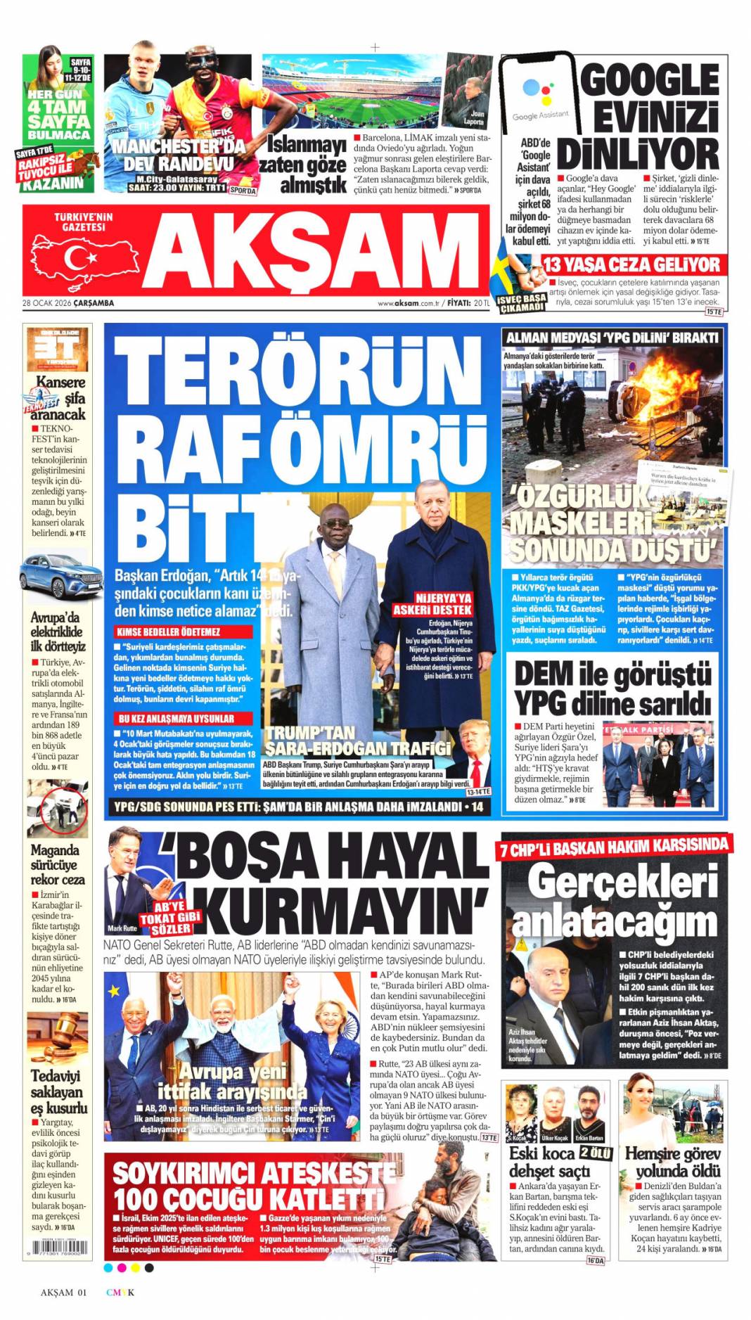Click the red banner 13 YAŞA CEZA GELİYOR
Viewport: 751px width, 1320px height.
[x=631, y=265]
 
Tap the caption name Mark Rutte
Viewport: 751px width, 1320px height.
[x=122, y=928]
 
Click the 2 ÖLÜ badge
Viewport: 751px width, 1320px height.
[x=596, y=1153]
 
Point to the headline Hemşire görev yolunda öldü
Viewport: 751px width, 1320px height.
[x=673, y=1162]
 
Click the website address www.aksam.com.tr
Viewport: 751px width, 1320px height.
[x=409, y=303]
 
